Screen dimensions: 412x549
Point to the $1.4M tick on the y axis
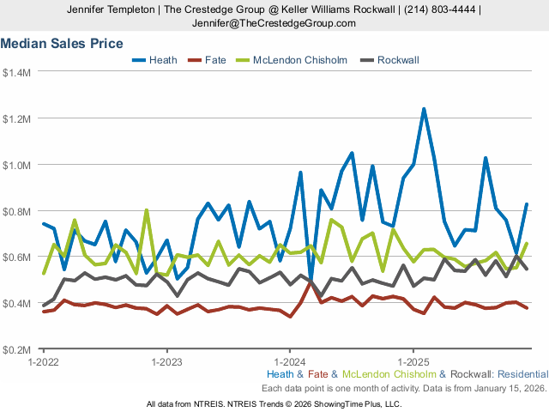click(x=16, y=72)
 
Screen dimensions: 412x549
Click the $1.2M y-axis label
click(x=16, y=118)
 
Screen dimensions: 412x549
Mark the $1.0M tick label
click(x=16, y=165)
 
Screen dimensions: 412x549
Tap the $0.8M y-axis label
click(x=16, y=211)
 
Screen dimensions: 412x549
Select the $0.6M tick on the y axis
click(x=16, y=257)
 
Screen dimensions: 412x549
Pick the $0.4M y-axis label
click(x=16, y=304)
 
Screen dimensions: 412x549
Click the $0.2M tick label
click(x=16, y=350)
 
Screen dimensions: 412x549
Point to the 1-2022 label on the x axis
click(x=43, y=362)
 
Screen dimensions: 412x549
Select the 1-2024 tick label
click(x=290, y=362)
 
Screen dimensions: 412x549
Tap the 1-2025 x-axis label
click(x=413, y=362)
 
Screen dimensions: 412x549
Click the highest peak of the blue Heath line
click(x=424, y=109)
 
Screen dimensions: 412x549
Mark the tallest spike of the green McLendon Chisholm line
click(x=147, y=210)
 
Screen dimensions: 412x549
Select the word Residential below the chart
click(x=522, y=375)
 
